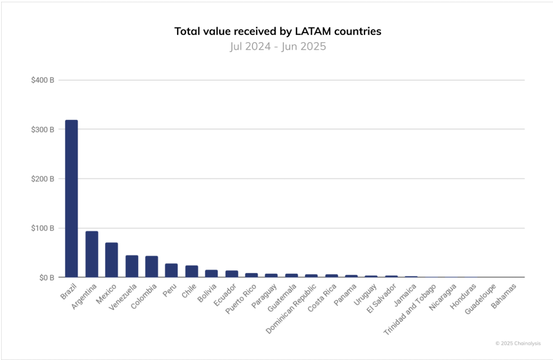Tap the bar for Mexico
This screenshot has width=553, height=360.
(x=111, y=260)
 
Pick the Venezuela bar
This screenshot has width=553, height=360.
(x=131, y=266)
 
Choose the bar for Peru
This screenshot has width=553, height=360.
(x=171, y=270)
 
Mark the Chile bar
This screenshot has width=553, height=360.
(x=191, y=271)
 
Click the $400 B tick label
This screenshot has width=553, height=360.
(x=43, y=80)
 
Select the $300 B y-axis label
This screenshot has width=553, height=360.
(x=43, y=130)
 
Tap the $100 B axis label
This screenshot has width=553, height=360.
(x=43, y=229)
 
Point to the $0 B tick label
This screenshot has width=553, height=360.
(x=45, y=278)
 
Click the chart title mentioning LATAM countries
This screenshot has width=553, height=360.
(x=278, y=31)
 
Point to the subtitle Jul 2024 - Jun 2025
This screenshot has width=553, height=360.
(x=278, y=46)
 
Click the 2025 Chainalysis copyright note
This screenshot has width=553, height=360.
(x=518, y=343)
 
